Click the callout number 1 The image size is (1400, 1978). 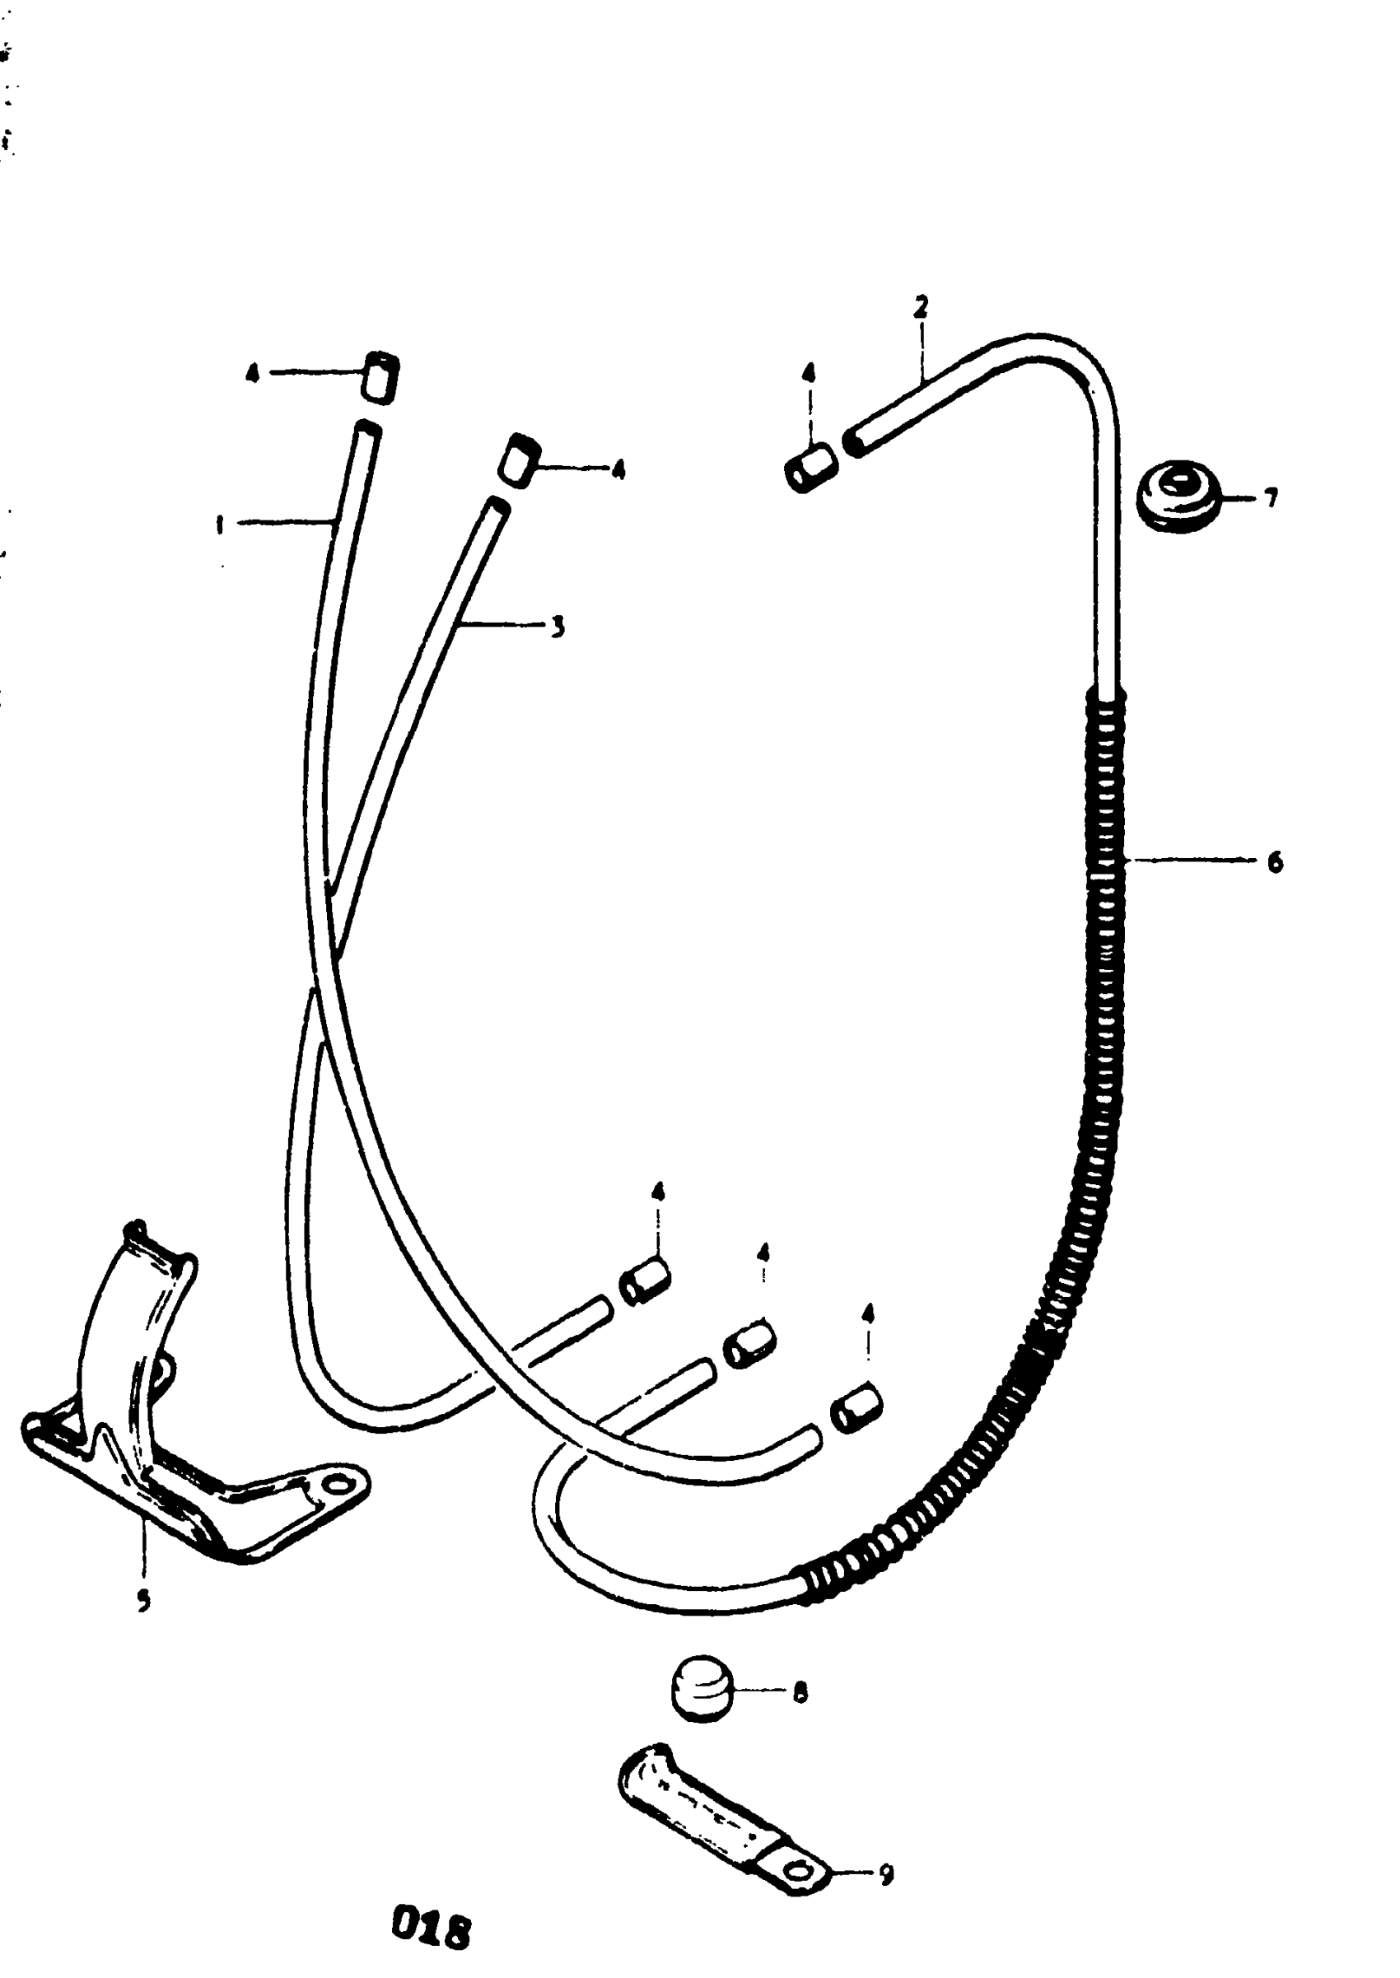[x=221, y=523]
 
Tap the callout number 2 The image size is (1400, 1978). [x=921, y=306]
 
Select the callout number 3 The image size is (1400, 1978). [x=558, y=626]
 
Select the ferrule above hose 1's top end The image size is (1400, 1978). [x=380, y=376]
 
